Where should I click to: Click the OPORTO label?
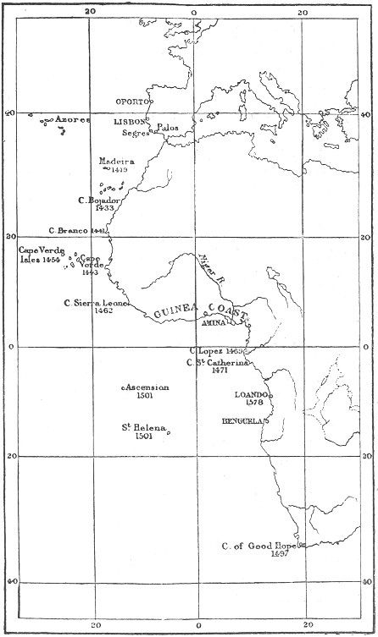pos(132,102)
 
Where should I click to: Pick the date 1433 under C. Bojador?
pos(105,207)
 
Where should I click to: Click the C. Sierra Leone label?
pos(96,302)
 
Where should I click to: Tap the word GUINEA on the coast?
pos(174,312)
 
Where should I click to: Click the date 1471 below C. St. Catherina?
pos(220,371)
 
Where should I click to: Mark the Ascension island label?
pos(147,387)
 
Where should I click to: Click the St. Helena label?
pos(144,427)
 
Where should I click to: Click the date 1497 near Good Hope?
pos(281,555)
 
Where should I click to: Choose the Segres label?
pos(135,133)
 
